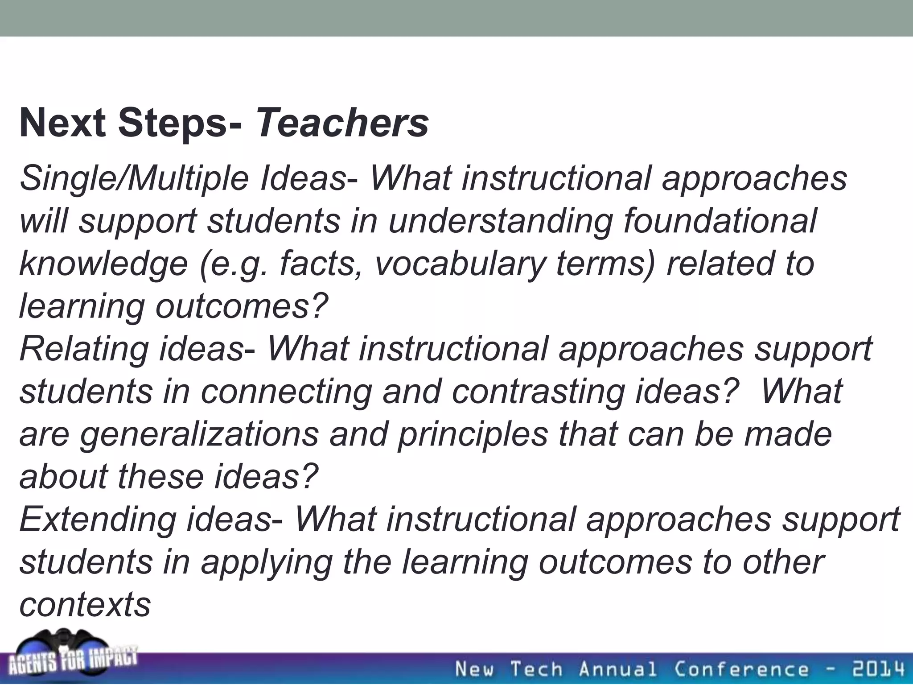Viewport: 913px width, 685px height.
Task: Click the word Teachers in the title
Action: pos(342,124)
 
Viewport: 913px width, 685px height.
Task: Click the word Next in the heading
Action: pos(62,124)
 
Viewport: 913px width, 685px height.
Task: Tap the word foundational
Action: pos(720,221)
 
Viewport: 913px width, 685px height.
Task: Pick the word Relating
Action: pos(84,349)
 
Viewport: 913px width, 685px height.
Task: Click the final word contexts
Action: pos(85,605)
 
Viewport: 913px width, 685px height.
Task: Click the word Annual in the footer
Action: pos(618,669)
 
